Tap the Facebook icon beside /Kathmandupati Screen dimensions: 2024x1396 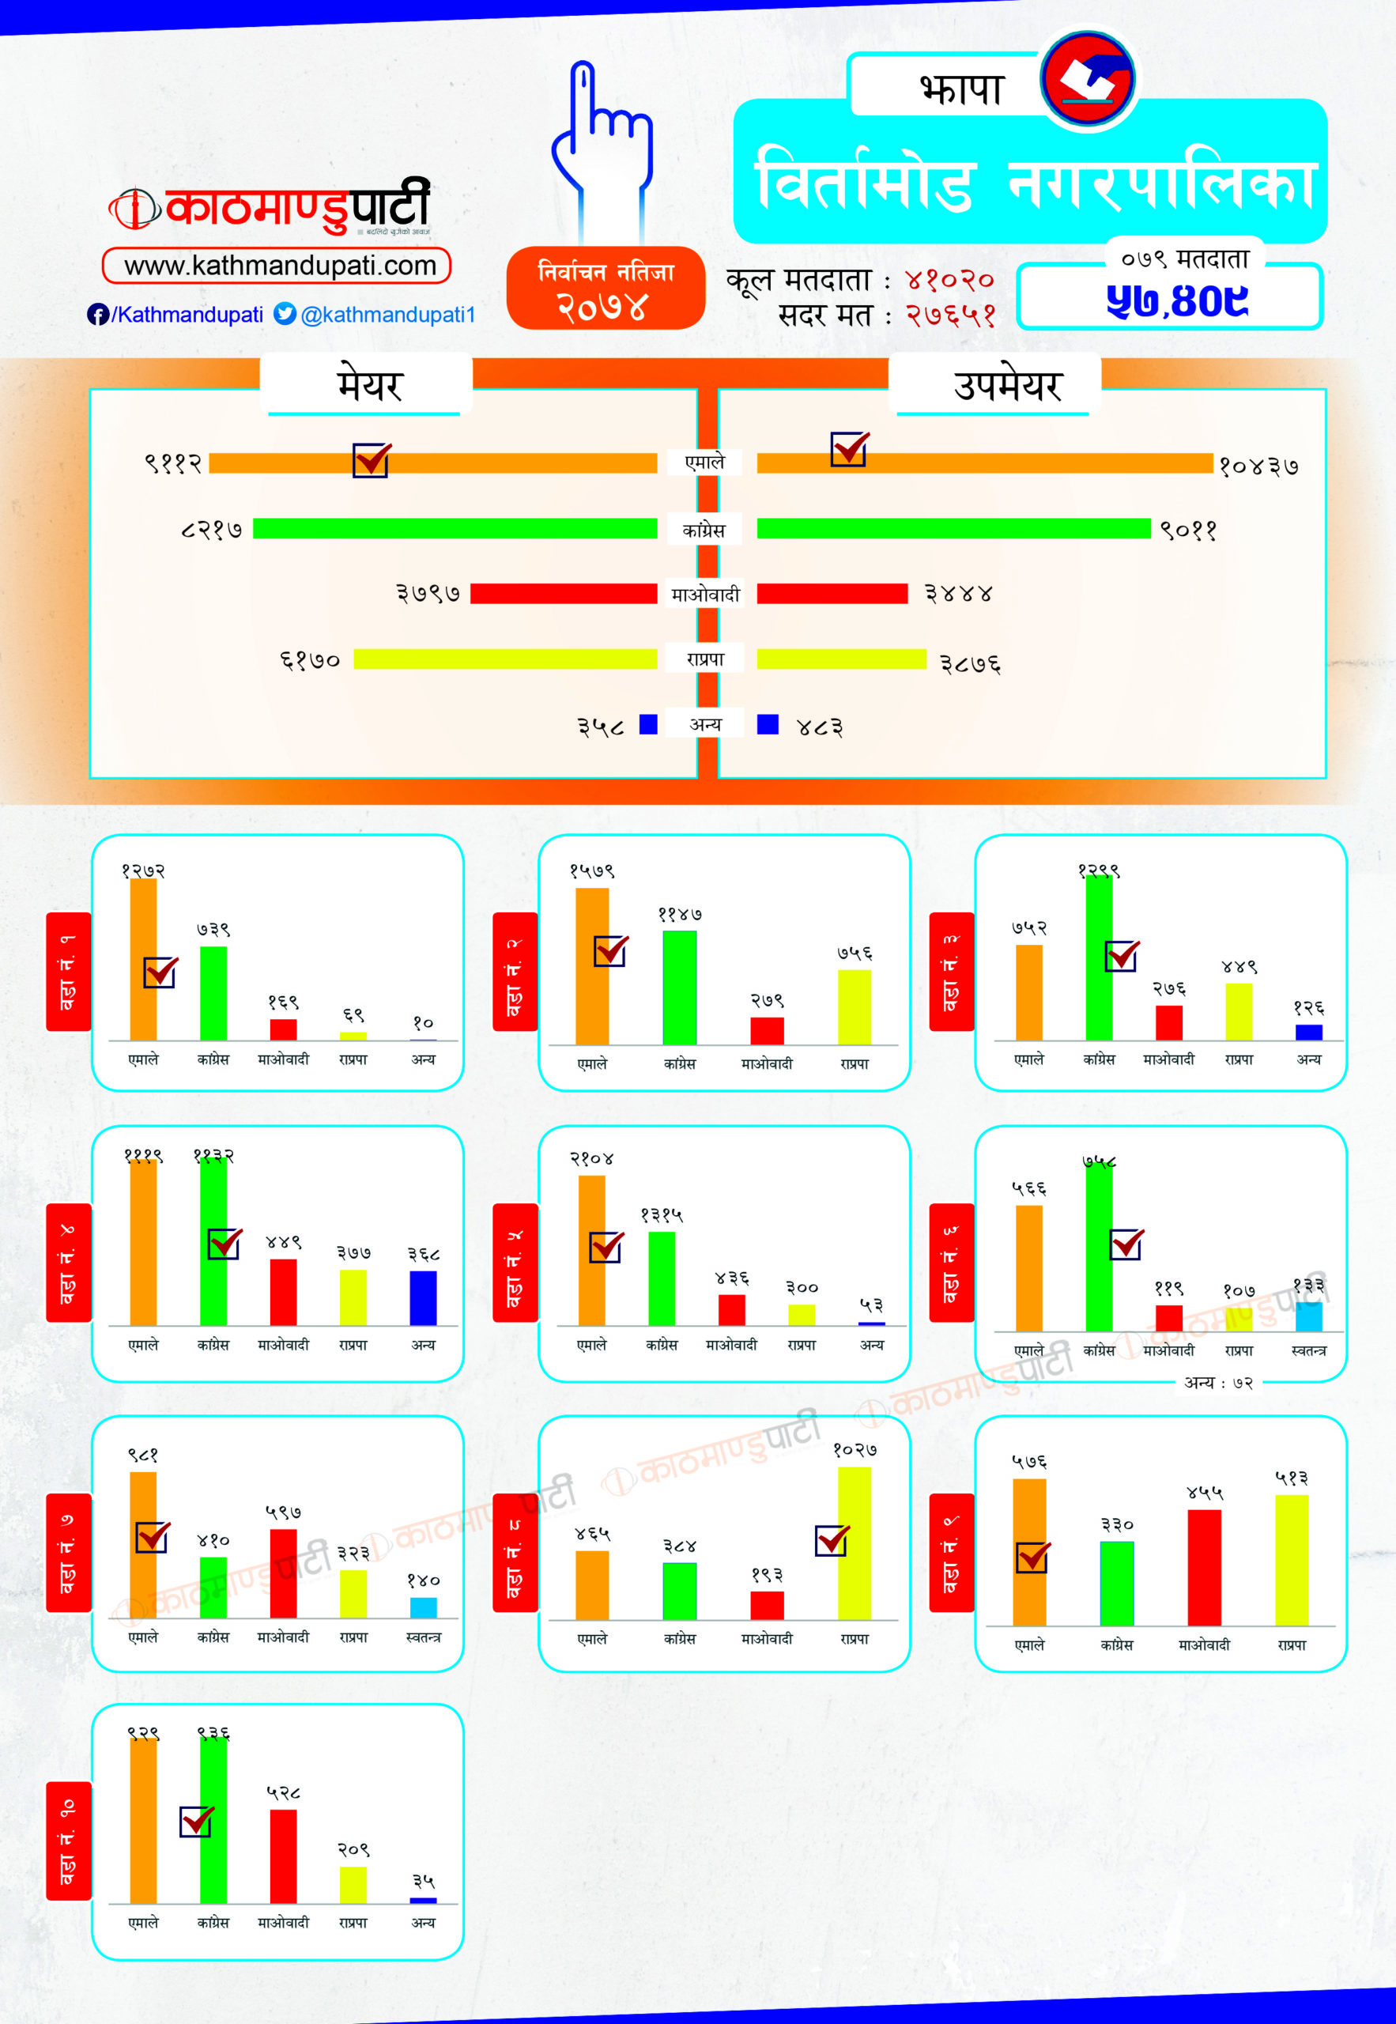pyautogui.click(x=97, y=315)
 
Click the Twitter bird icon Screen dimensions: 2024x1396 pyautogui.click(x=285, y=314)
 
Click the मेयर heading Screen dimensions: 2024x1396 pyautogui.click(x=368, y=386)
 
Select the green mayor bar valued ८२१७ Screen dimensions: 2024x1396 pyautogui.click(x=455, y=528)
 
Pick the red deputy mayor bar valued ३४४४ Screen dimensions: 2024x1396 pyautogui.click(x=832, y=594)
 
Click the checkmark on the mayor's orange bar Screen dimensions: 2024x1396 pyautogui.click(x=372, y=459)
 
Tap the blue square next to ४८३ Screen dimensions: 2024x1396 pyautogui.click(x=767, y=724)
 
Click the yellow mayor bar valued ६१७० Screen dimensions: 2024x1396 pyautogui.click(x=504, y=659)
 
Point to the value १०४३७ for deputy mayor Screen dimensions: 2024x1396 pyautogui.click(x=1258, y=466)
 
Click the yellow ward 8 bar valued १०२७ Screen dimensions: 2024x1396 pyautogui.click(x=854, y=1543)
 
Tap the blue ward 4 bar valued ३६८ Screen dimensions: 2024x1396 pyautogui.click(x=424, y=1298)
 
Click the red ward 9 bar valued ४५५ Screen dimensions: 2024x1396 pyautogui.click(x=1204, y=1568)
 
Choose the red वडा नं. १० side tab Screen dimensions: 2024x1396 pyautogui.click(x=68, y=1841)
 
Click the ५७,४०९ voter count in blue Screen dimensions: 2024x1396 pyautogui.click(x=1176, y=301)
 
